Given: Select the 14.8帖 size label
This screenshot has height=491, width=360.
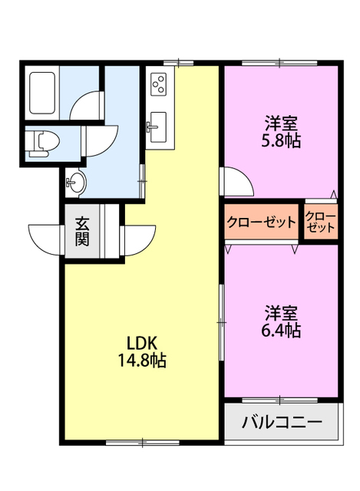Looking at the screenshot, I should pos(144,359).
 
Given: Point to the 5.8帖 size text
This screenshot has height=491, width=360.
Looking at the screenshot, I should pos(282,140).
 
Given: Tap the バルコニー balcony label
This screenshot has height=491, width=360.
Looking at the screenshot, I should pos(282,422).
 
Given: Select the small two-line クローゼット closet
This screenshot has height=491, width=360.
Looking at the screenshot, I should pos(320,222).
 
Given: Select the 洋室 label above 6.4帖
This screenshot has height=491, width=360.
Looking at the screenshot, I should pos(282,314).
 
